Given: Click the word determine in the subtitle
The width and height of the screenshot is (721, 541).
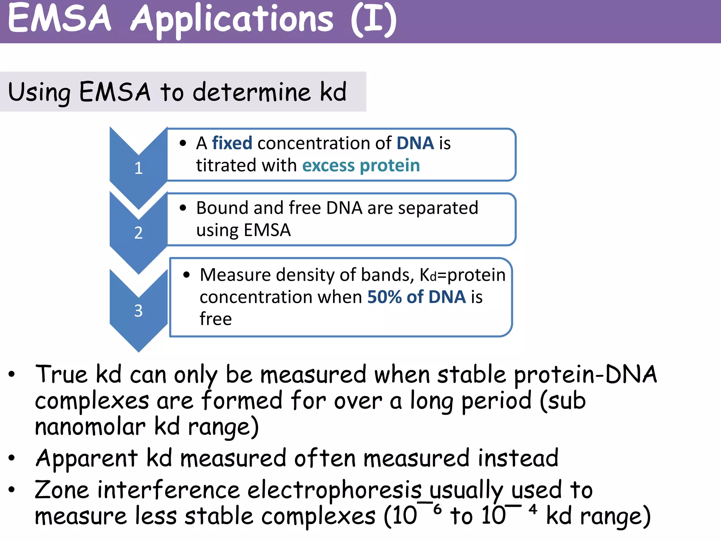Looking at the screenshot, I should point(252,92).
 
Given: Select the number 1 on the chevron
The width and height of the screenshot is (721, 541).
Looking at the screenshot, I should point(138,168).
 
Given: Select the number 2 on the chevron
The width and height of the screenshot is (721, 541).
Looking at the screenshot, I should point(138,233).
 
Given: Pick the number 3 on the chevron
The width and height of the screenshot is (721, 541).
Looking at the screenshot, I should point(138,311).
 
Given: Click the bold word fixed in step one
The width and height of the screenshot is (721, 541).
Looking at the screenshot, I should point(232,143).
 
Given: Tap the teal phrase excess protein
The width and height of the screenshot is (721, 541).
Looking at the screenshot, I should point(361,166).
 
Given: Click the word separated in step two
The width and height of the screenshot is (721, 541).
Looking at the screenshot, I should point(438,208).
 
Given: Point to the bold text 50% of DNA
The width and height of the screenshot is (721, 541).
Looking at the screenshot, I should point(416,297).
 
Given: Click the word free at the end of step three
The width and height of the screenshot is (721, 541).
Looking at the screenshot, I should point(215,319).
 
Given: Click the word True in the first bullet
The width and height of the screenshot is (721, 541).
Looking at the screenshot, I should point(61,374).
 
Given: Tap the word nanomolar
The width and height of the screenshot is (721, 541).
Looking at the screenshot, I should point(90,427).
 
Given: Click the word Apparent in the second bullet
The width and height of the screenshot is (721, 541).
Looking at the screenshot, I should point(87,458).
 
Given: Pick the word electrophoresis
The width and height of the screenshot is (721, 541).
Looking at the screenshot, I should point(334,490).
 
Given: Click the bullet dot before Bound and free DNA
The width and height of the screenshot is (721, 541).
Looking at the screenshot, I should point(183,208).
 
